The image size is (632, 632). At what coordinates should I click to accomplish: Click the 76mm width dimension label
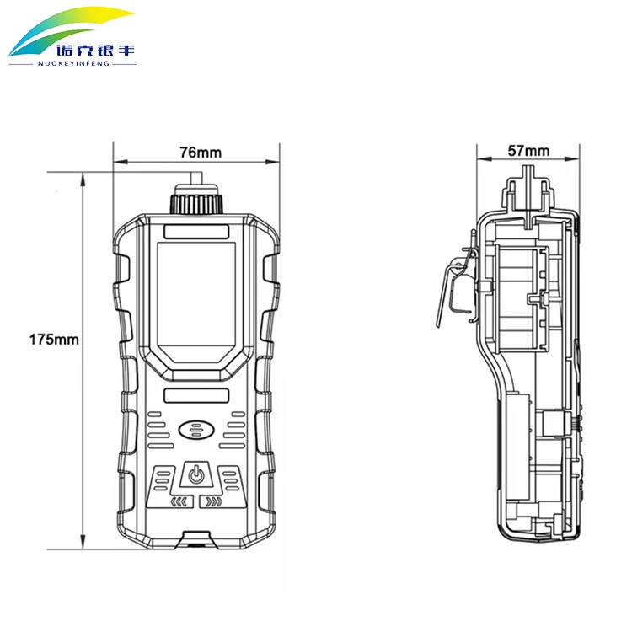click(200, 153)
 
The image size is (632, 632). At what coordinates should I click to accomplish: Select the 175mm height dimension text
click(54, 340)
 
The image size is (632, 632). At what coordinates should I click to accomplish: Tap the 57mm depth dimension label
click(528, 151)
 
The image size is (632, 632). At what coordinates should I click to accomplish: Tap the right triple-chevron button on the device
click(212, 503)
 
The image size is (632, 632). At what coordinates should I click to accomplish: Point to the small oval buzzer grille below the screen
click(196, 431)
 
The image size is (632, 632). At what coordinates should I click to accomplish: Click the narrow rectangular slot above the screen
click(196, 231)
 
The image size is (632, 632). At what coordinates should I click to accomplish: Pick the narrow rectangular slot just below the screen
click(196, 395)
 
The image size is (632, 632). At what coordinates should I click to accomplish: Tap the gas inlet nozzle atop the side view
click(528, 190)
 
